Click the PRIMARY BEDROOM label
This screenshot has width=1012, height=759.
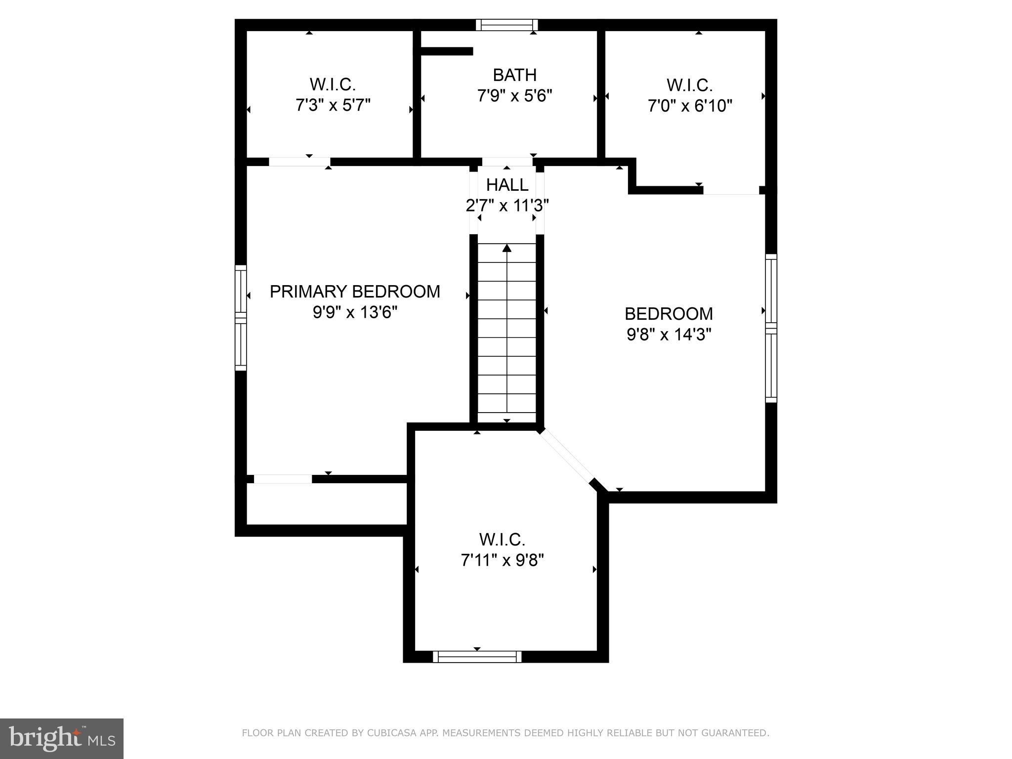tap(355, 292)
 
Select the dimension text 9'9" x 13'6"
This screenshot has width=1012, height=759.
tap(355, 313)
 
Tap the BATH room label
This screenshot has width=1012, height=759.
tap(514, 75)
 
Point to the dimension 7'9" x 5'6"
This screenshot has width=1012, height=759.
tap(514, 95)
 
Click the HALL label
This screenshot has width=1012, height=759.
tap(507, 185)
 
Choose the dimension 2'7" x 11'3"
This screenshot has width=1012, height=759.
tap(507, 206)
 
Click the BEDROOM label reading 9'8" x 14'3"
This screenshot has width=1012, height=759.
tap(669, 314)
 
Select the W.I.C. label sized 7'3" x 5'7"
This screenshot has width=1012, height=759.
tap(333, 84)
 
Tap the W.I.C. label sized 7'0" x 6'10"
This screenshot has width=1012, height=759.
tap(689, 85)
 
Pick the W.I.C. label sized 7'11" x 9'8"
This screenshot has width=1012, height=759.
tap(502, 540)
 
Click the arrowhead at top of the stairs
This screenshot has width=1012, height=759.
tap(507, 248)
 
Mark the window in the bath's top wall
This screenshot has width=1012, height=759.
tap(507, 25)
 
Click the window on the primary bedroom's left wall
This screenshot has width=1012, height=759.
tap(240, 318)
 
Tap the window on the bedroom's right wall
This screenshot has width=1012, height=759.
tap(771, 328)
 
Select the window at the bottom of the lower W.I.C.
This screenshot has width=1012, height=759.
tap(477, 656)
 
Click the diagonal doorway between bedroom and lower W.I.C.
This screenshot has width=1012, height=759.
tap(567, 457)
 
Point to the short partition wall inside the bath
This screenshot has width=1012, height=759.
tap(447, 51)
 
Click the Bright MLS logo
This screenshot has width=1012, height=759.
tap(62, 738)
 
